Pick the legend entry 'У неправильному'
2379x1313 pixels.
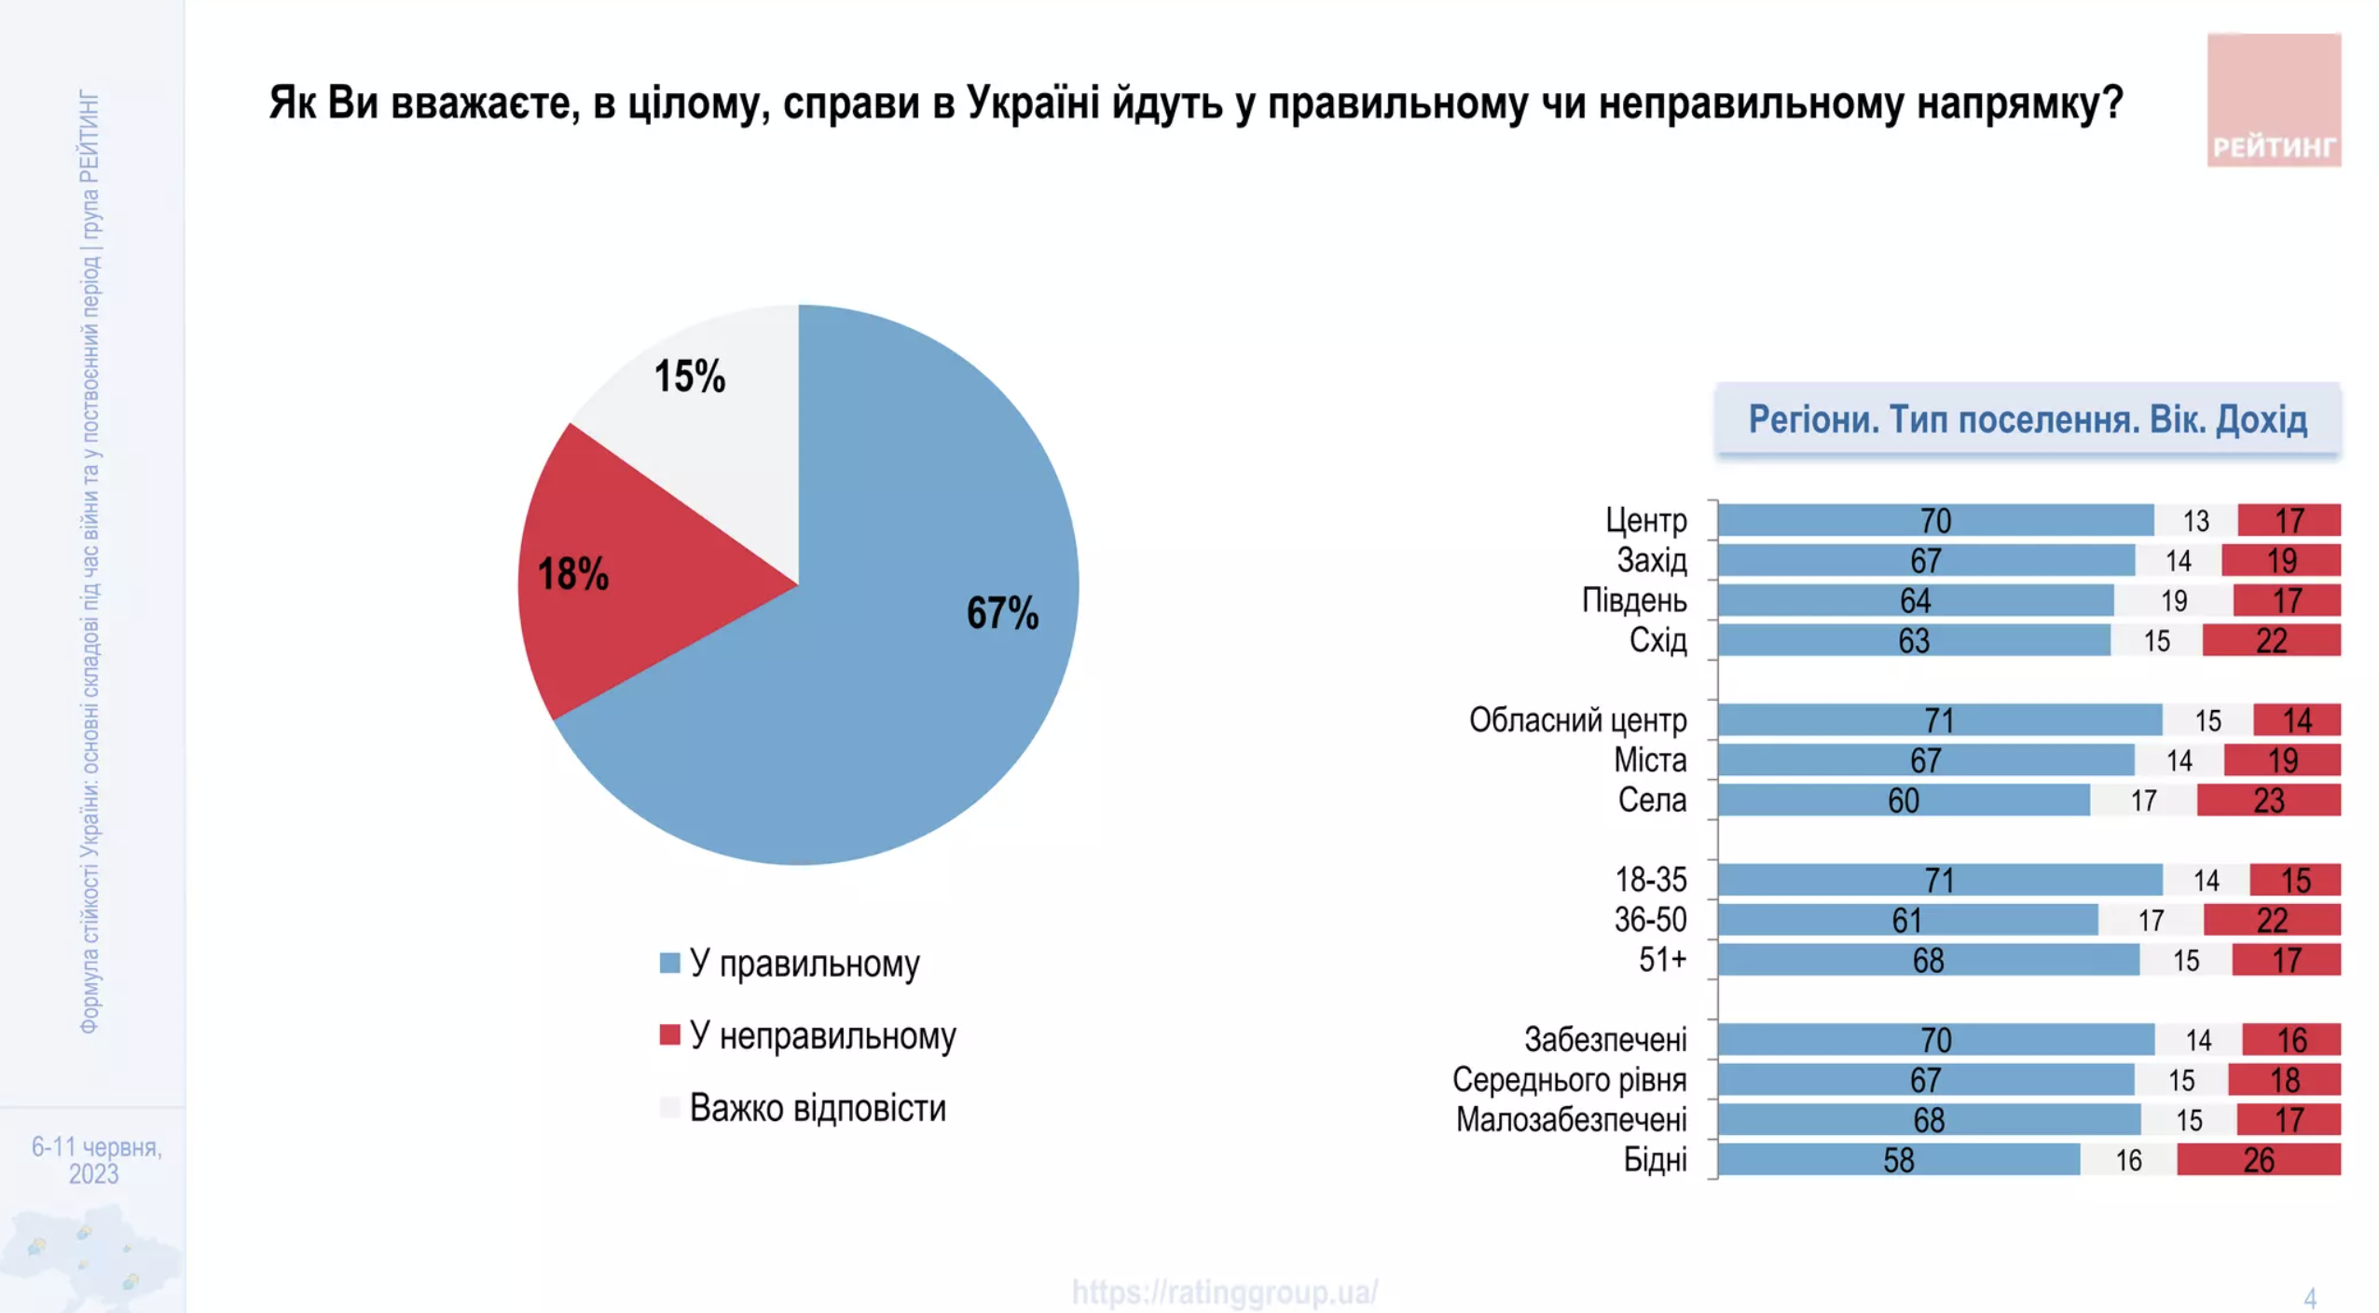coord(821,1035)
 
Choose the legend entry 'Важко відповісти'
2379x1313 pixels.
coord(817,1108)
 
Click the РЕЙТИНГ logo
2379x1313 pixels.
coord(2273,101)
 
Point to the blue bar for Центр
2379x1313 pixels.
coord(1935,520)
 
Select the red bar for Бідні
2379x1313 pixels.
coord(2258,1160)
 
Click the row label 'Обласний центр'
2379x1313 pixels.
coord(1577,720)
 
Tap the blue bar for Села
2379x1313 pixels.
coord(1904,800)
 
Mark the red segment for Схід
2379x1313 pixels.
coord(2271,640)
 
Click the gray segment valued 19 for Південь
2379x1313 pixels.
coord(2173,600)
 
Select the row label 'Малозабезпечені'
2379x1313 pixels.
coord(1571,1120)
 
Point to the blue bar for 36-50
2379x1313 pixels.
coord(1907,920)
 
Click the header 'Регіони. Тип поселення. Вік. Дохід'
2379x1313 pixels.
coord(2028,419)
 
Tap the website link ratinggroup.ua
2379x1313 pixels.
coord(1224,1292)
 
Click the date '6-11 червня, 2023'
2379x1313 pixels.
coord(96,1159)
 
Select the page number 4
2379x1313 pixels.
coord(2310,1297)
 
